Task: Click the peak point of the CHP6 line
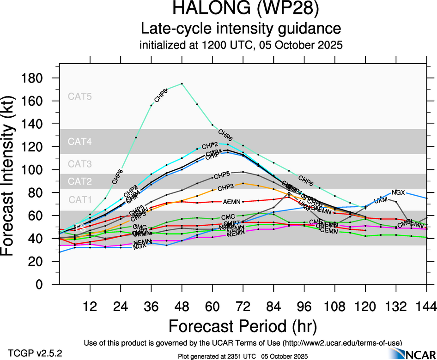(x=182, y=84)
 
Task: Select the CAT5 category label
(x=80, y=97)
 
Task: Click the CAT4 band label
(x=80, y=142)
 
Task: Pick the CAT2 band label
(x=80, y=181)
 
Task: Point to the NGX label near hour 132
(x=398, y=192)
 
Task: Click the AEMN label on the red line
(x=231, y=202)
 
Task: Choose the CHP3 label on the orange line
(x=225, y=187)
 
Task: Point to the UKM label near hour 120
(x=381, y=201)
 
